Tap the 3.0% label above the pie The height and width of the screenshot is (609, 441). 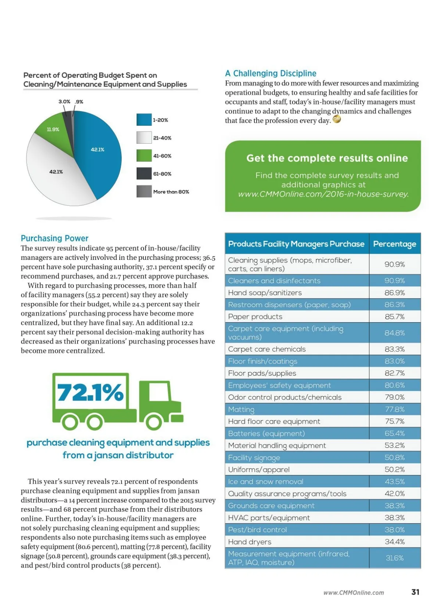(64, 101)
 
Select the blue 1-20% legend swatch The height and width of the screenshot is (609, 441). (144, 120)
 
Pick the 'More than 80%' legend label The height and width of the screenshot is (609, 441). (171, 192)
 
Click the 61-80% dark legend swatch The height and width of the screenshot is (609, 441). (144, 173)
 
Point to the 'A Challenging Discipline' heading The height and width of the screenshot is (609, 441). (270, 74)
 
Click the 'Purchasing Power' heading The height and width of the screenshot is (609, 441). (55, 238)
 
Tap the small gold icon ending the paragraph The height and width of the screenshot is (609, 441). (337, 119)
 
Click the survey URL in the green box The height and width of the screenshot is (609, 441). (323, 194)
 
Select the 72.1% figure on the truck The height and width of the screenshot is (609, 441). (90, 393)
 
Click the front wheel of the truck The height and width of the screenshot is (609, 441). (154, 422)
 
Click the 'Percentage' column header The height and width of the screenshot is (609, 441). (394, 244)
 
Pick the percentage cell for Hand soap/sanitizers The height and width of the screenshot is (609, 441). (394, 293)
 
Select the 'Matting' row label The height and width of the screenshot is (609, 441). (241, 409)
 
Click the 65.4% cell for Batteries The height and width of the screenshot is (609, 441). (394, 434)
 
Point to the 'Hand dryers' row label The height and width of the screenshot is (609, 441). (250, 542)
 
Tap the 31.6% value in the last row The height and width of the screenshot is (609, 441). (394, 558)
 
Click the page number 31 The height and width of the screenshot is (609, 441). (415, 592)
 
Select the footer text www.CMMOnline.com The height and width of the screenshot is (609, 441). (354, 593)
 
